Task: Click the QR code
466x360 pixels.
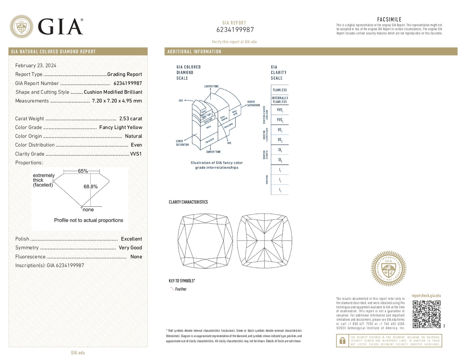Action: (427, 314)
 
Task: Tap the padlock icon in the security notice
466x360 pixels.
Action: (342, 341)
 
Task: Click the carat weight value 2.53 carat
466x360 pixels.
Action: (130, 119)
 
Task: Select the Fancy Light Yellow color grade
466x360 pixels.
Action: (121, 127)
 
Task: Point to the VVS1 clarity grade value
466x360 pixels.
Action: (136, 154)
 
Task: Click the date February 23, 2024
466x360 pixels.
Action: (36, 65)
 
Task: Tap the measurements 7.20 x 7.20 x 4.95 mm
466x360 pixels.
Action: (117, 101)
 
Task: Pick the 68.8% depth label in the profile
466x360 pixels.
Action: (91, 187)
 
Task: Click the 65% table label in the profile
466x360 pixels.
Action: (83, 171)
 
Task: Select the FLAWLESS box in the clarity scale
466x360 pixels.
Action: (280, 90)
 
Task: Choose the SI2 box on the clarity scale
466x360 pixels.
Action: (280, 160)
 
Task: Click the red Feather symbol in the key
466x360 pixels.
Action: (172, 289)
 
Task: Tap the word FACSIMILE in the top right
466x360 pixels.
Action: (389, 20)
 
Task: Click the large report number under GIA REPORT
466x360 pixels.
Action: (235, 30)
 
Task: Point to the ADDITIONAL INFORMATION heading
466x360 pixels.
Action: (194, 52)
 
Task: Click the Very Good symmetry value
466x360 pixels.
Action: (130, 248)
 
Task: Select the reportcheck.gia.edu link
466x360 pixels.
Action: (426, 296)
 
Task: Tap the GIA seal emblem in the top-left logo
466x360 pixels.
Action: (21, 26)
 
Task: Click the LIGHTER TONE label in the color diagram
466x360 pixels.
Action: (211, 86)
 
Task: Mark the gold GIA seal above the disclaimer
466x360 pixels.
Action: (389, 268)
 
